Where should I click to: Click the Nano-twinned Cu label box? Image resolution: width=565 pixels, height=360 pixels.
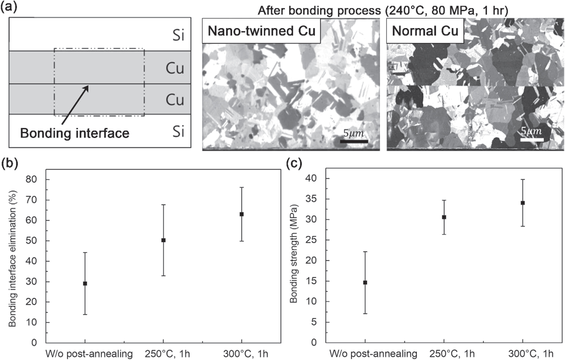(261, 31)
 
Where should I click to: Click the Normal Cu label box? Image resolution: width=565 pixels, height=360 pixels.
(425, 31)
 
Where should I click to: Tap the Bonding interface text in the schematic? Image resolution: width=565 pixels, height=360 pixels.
(75, 133)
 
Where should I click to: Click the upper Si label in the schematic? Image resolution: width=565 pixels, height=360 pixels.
(178, 35)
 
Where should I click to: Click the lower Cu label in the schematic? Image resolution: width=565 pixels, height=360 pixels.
(175, 100)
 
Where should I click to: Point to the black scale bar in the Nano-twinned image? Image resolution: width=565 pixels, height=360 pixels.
(354, 142)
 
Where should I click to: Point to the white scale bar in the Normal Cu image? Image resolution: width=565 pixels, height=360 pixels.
(531, 140)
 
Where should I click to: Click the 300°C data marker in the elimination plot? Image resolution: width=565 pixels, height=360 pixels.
(242, 214)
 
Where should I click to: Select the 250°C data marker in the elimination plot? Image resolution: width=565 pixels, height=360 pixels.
(163, 240)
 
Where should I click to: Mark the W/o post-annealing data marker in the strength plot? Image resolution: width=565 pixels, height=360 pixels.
(365, 283)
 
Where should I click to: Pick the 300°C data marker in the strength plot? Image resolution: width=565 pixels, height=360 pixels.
(522, 203)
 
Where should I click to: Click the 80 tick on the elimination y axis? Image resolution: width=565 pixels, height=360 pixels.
(31, 180)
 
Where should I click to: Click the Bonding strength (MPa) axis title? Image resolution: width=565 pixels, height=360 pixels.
(294, 253)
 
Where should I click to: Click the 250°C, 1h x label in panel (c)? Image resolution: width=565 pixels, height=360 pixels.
(452, 353)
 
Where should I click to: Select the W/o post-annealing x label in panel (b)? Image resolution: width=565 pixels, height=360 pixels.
(89, 354)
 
